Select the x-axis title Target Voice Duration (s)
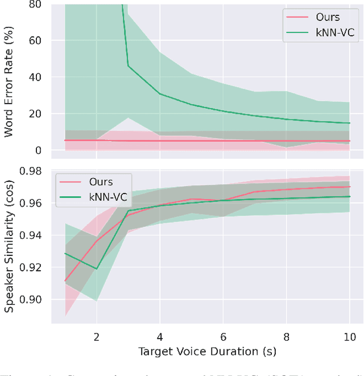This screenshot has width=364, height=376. pos(207,352)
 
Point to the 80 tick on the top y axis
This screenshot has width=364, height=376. pos(35,4)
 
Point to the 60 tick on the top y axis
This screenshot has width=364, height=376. pos(35,40)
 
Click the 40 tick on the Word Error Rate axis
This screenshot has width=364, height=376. pos(35,77)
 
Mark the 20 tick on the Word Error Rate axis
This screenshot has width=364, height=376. pos(35,114)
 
